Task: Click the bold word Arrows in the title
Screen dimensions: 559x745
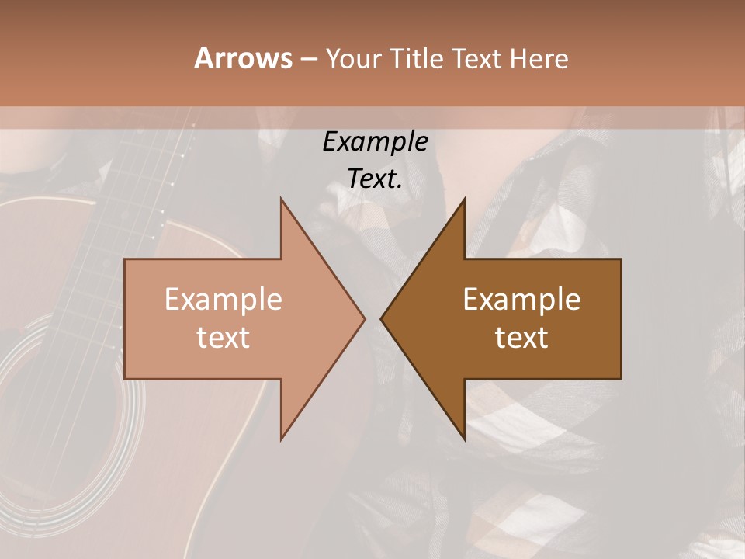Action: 243,58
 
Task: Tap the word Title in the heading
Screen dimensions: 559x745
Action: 415,59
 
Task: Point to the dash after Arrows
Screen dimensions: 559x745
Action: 308,59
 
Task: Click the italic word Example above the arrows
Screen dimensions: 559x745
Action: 375,141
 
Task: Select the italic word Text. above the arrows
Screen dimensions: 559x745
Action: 375,179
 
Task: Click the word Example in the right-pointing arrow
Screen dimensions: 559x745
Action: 223,299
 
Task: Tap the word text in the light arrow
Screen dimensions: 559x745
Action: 223,337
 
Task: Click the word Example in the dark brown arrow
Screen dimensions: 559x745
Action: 521,299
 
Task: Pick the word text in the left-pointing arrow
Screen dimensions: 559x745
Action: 521,337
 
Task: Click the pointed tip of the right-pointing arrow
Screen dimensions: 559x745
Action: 364,318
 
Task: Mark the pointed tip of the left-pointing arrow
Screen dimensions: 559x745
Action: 381,318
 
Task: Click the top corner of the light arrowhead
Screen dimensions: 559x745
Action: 281,200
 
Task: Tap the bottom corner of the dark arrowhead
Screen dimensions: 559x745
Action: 464,439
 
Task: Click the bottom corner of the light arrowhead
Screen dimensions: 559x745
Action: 281,439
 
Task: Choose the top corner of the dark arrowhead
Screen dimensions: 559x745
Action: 464,200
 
